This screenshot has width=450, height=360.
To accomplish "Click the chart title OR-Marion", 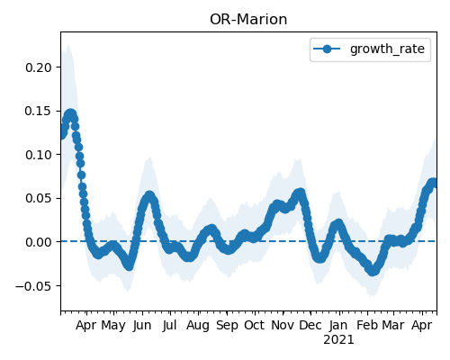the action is [248, 20].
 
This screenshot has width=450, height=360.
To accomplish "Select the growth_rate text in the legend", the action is [387, 49].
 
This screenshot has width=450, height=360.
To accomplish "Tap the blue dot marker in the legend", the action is [327, 49].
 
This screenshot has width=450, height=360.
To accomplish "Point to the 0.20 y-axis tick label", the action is [39, 67].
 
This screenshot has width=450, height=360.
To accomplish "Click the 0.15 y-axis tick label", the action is [39, 112].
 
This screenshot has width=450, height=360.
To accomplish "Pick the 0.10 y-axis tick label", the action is [39, 155].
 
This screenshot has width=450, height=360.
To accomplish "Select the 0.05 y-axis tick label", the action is [39, 198].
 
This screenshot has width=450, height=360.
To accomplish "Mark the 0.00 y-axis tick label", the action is [39, 242].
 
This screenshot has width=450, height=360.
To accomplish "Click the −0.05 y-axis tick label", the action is [34, 286].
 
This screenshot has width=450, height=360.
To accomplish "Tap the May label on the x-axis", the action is [113, 326].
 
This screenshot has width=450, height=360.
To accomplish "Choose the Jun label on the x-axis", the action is [142, 326].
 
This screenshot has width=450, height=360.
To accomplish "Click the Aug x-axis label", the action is [198, 326].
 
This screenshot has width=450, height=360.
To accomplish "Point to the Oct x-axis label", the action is [255, 325].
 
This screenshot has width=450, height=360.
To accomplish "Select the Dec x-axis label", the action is [310, 325].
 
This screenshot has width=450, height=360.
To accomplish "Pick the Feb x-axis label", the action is [367, 325].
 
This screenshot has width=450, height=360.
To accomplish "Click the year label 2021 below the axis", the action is [338, 340].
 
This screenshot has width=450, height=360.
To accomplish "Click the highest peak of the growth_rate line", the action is [70, 114].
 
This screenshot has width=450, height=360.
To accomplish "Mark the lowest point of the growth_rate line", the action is [373, 271].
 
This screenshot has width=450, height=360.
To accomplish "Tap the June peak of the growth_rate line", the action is [149, 196].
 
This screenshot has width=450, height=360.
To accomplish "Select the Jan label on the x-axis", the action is [338, 326].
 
